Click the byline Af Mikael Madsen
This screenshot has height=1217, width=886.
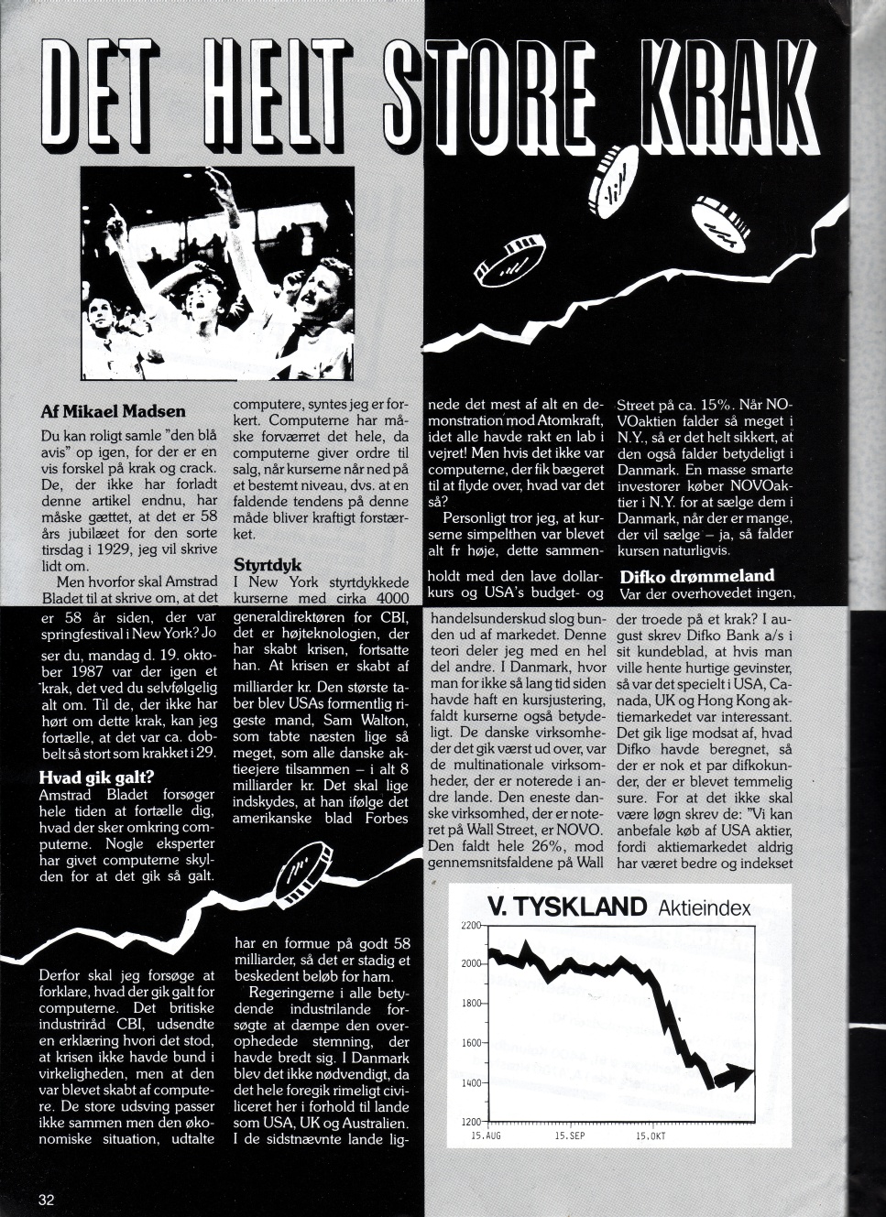click(113, 411)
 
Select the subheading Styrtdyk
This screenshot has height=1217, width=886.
click(268, 564)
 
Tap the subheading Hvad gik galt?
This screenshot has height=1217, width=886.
click(96, 778)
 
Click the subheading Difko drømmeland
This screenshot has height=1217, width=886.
click(696, 576)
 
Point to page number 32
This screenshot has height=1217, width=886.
click(47, 1199)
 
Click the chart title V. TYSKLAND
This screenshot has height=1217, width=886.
click(567, 907)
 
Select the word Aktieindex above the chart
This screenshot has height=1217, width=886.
click(704, 908)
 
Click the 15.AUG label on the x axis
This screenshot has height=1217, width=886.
click(486, 1136)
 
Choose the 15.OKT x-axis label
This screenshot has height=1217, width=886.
click(650, 1136)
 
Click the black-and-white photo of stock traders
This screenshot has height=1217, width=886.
click(216, 273)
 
